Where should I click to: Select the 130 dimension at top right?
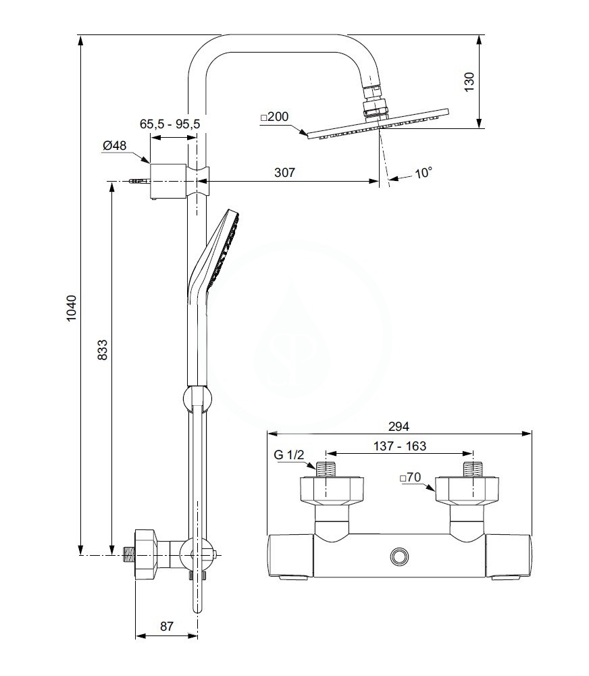(470, 80)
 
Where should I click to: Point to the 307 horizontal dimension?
(285, 172)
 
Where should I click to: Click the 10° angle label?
(423, 173)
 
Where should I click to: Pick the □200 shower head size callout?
(274, 117)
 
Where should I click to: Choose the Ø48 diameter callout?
(114, 145)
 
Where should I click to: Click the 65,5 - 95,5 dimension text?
(170, 124)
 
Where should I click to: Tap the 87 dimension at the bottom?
(167, 626)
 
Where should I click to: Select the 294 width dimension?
(399, 426)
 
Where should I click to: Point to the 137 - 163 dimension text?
(399, 446)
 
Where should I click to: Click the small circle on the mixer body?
(399, 556)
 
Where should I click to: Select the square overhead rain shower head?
(377, 124)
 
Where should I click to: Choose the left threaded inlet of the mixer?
(326, 469)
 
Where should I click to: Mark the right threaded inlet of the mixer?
(471, 469)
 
